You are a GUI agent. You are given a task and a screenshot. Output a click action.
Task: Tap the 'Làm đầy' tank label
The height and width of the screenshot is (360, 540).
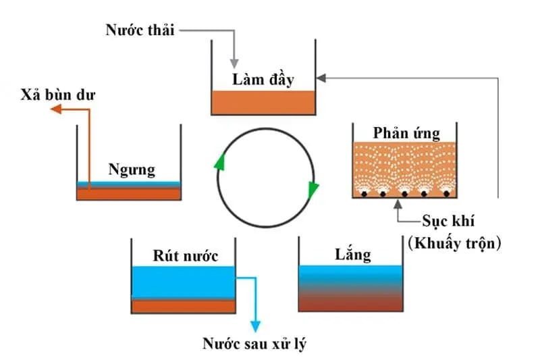[263, 79]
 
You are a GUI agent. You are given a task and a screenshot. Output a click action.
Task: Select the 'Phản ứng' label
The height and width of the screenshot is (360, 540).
[405, 132]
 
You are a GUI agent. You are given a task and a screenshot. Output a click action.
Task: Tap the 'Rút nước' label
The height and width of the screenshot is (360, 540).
[183, 256]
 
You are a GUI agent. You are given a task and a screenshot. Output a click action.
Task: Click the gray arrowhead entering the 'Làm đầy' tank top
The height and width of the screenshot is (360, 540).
[235, 61]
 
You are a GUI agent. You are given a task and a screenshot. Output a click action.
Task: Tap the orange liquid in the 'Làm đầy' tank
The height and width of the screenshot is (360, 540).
[263, 103]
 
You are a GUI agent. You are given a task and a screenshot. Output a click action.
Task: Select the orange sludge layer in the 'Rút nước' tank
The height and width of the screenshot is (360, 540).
[183, 306]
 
